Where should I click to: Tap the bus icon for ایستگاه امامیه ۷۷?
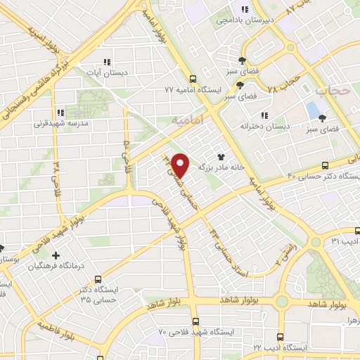(x=193, y=79)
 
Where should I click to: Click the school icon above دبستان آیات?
(x=108, y=62)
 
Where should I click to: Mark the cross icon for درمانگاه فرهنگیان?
(x=56, y=255)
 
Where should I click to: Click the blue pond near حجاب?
(x=313, y=110)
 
